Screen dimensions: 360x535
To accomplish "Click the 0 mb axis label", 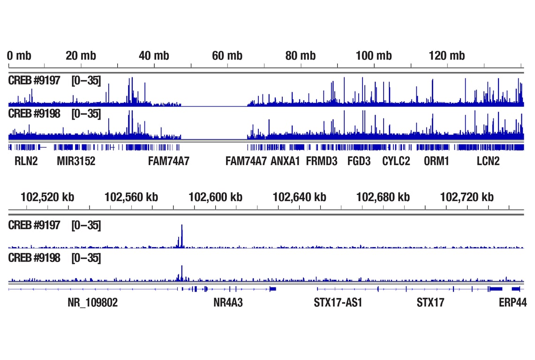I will tap(20, 56).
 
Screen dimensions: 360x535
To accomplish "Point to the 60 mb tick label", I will tap(227, 56).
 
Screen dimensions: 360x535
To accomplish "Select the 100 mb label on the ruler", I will tap(374, 56).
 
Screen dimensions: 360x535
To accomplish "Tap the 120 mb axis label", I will tap(447, 56).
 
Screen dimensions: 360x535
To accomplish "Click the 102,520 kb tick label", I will tap(47, 197).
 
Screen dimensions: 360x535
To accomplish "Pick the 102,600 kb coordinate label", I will tap(216, 197).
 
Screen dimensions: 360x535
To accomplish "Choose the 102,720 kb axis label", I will tap(467, 197).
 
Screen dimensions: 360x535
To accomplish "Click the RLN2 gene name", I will tap(26, 162).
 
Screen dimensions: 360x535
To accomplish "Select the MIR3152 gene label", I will tap(76, 162).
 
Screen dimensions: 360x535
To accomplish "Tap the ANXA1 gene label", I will tap(285, 162).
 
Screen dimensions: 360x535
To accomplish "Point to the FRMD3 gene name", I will tap(322, 162).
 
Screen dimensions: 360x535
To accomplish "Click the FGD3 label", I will tap(359, 162).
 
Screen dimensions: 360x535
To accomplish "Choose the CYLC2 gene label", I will tap(396, 162).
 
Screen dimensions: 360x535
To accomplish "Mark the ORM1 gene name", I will tap(437, 162).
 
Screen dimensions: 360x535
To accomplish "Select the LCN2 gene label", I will tap(488, 162).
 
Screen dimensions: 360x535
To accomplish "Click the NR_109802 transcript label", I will tap(93, 303).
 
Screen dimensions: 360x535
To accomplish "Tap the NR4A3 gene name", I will tap(228, 303).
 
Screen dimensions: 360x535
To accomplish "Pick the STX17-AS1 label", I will tap(338, 303).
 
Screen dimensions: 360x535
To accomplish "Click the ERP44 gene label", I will tap(512, 303).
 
